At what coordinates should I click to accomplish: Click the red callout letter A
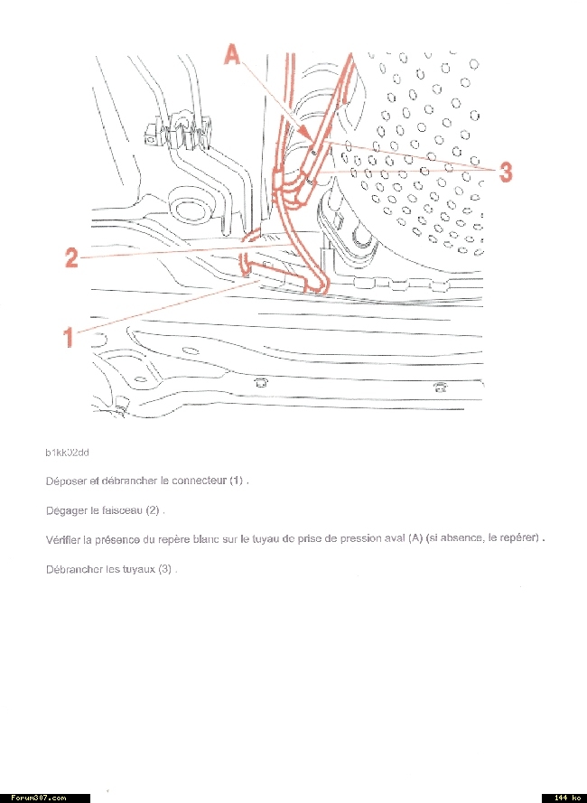[x=233, y=56]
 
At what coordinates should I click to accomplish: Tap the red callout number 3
[x=507, y=172]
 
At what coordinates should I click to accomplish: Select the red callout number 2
[x=71, y=257]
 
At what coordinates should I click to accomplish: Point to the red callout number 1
[x=69, y=337]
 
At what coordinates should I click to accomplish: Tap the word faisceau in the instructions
[x=122, y=510]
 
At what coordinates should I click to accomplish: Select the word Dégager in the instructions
[x=65, y=510]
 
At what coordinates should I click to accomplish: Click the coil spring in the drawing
[x=186, y=134]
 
